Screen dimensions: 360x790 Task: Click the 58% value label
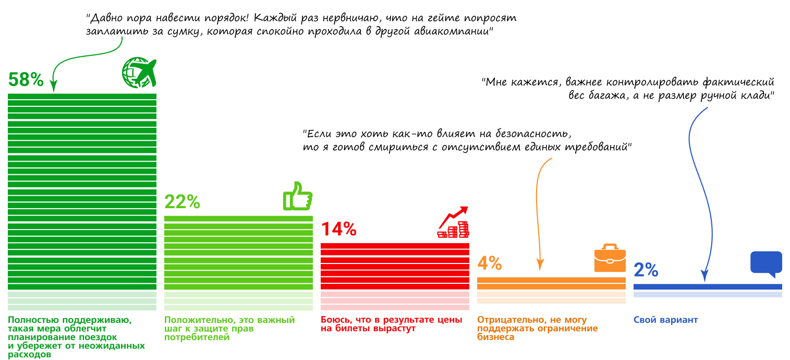click(x=26, y=79)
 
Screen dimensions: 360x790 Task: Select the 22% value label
click(x=183, y=202)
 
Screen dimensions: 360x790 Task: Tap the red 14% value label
click(x=339, y=229)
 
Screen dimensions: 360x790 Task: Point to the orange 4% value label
click(x=490, y=263)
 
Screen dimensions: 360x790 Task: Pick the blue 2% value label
click(x=646, y=270)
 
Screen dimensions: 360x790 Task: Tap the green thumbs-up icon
click(x=297, y=196)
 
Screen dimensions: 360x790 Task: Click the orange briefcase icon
click(x=610, y=258)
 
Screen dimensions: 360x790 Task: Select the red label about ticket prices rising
click(x=391, y=324)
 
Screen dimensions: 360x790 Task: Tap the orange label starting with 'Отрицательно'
click(x=537, y=328)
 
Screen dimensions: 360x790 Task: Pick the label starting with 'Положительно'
click(x=229, y=328)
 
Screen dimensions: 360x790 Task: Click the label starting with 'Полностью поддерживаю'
click(x=76, y=337)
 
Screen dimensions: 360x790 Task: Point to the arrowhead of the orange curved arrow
click(x=540, y=266)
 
